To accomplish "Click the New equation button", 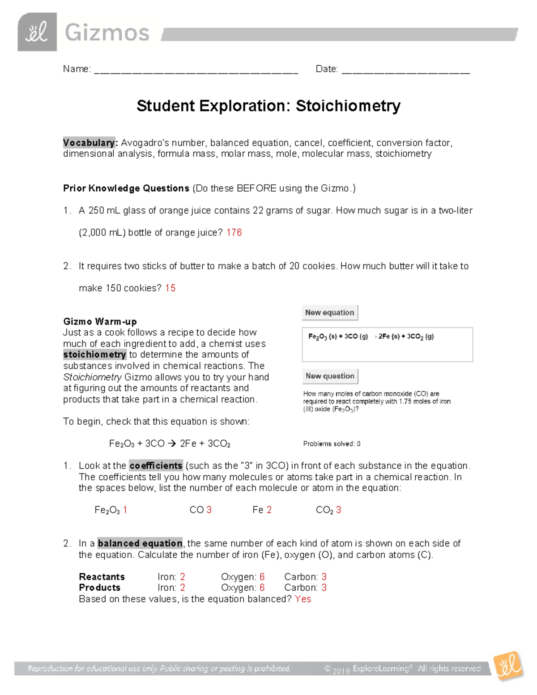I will pyautogui.click(x=330, y=313).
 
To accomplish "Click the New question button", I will pyautogui.click(x=330, y=376).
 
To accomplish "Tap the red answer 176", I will pyautogui.click(x=234, y=233).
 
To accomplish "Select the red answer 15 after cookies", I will pyautogui.click(x=170, y=288).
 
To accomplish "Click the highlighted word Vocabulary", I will pyautogui.click(x=89, y=143).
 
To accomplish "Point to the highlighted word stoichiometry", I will pyautogui.click(x=95, y=355).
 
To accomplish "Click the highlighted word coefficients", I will pyautogui.click(x=156, y=466).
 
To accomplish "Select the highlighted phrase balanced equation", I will pyautogui.click(x=140, y=543).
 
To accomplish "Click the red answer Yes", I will pyautogui.click(x=303, y=599).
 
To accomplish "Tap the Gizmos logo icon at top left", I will pyautogui.click(x=37, y=32).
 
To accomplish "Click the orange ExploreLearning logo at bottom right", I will pyautogui.click(x=508, y=666).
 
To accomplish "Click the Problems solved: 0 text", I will pyautogui.click(x=332, y=444).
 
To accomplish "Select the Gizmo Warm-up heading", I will pyautogui.click(x=100, y=322).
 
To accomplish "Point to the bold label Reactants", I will pyautogui.click(x=102, y=577).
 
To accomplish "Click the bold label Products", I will pyautogui.click(x=99, y=588).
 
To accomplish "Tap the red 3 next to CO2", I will pyautogui.click(x=339, y=510).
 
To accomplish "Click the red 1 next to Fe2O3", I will pyautogui.click(x=125, y=510).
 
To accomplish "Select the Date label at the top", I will pyautogui.click(x=326, y=69).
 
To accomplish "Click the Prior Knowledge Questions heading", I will pyautogui.click(x=126, y=188).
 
